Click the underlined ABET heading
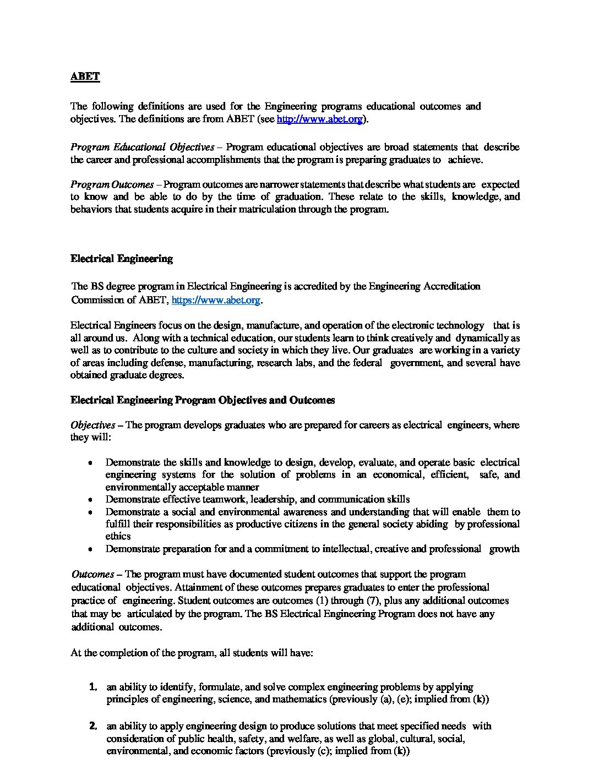[85, 77]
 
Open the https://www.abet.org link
[216, 300]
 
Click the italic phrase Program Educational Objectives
[142, 147]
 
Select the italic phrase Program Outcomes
[112, 184]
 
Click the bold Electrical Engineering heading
[121, 259]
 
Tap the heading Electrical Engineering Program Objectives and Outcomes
[202, 400]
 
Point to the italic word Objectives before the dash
[92, 425]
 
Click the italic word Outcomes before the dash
[92, 574]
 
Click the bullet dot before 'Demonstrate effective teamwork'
[90, 500]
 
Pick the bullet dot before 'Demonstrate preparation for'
[90, 549]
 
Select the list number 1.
[93, 687]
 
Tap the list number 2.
[93, 726]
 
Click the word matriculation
[269, 210]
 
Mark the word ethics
[118, 536]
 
